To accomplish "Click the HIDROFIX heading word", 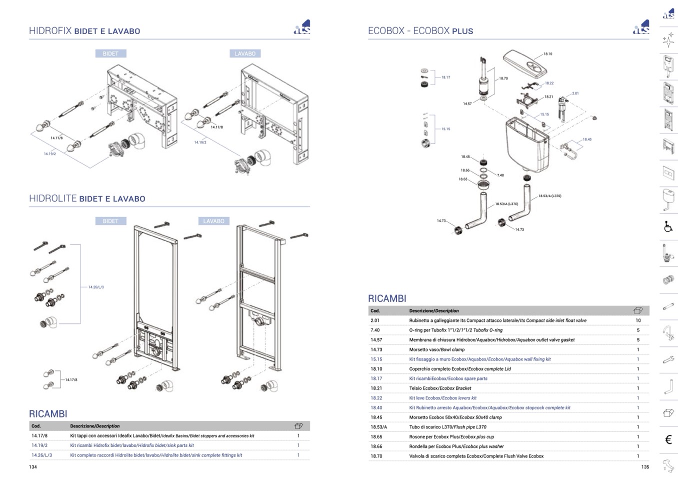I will click(x=50, y=31).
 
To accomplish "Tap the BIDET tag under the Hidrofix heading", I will click(x=110, y=54).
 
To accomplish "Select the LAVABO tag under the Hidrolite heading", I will click(x=213, y=221).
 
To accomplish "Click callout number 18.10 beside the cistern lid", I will click(x=547, y=54).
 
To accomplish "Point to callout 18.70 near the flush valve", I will click(x=503, y=79).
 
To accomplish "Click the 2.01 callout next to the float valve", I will click(x=575, y=94).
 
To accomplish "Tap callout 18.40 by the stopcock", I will click(x=586, y=140).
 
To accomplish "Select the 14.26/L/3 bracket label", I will click(x=96, y=287).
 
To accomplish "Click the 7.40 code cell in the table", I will click(x=375, y=330).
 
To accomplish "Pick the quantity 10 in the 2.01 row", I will click(x=638, y=321).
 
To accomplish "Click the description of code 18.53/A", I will click(x=447, y=427).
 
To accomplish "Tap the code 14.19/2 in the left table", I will click(x=39, y=445).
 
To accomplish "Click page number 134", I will click(x=33, y=467).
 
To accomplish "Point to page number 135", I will click(x=645, y=467).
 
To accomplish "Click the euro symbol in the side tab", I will click(x=668, y=439).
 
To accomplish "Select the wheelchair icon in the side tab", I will click(x=668, y=227).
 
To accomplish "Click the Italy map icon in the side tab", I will click(x=668, y=466).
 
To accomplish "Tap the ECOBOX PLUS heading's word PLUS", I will click(x=462, y=31).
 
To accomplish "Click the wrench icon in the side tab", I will click(x=668, y=359).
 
